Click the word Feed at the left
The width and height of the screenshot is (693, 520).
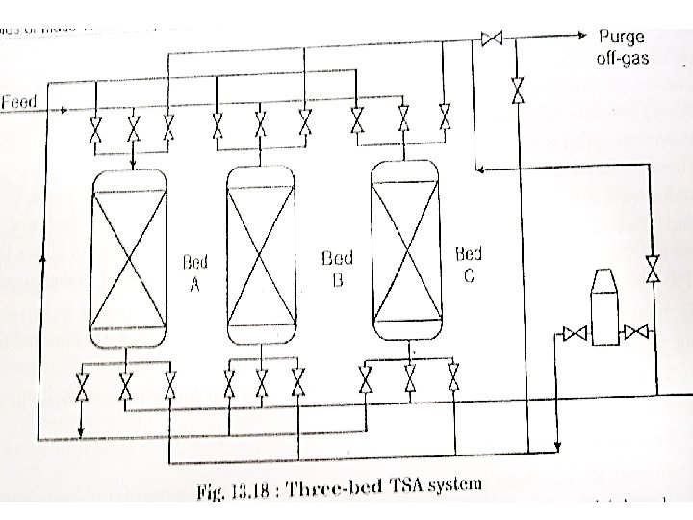(x=19, y=101)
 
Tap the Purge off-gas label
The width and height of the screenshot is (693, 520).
(x=624, y=47)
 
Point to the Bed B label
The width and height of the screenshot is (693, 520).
(x=337, y=269)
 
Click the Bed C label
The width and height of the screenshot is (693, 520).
(x=468, y=265)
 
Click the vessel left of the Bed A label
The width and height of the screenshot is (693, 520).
(x=127, y=255)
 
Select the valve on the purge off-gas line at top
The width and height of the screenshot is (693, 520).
(x=492, y=39)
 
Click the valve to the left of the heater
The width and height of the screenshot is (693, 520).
(x=575, y=334)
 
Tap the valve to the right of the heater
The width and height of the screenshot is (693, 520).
(x=635, y=333)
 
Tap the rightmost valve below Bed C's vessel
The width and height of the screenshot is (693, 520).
(x=452, y=377)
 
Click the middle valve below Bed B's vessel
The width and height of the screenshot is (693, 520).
(x=261, y=383)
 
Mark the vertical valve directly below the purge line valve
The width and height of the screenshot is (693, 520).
(x=518, y=91)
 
